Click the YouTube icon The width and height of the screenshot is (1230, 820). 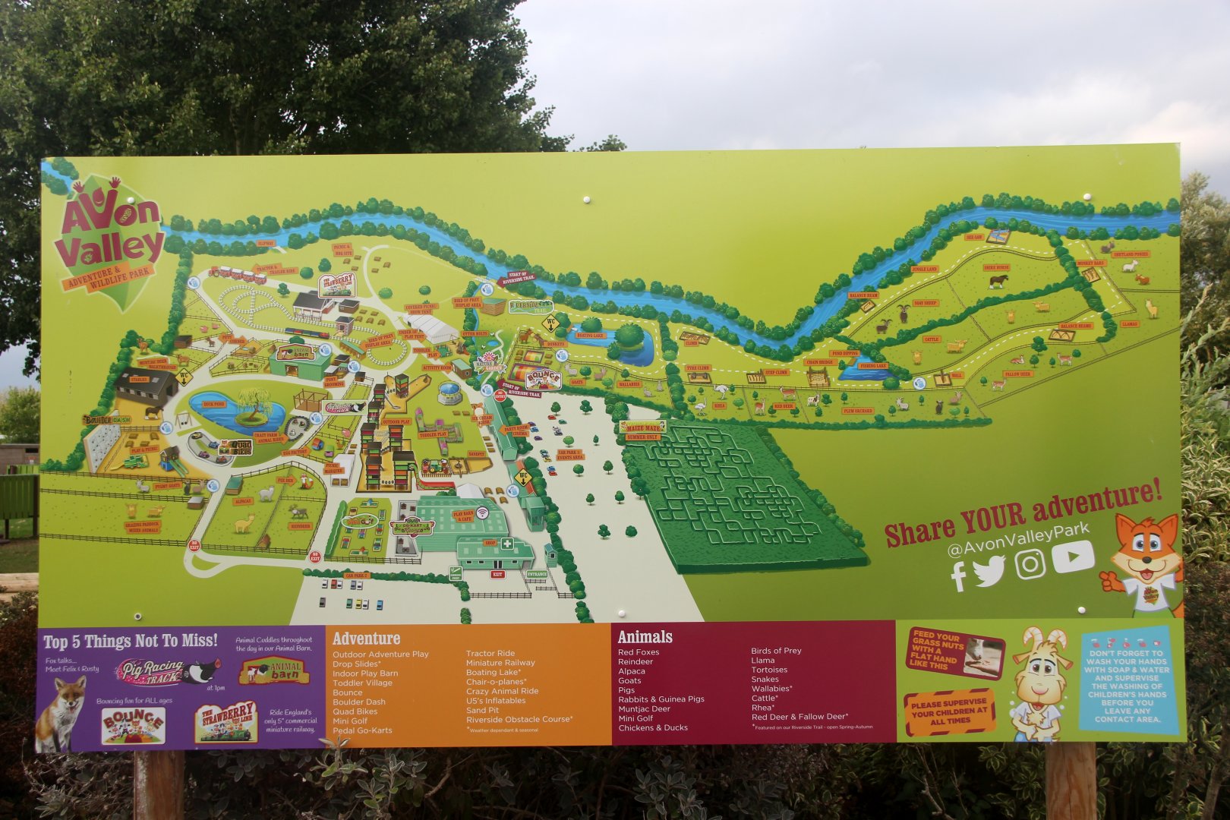tap(1074, 557)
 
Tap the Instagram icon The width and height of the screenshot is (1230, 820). tap(1030, 563)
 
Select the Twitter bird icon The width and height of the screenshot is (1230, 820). tap(989, 571)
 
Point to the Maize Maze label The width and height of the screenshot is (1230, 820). tap(642, 427)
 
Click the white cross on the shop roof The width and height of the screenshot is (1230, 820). tap(504, 544)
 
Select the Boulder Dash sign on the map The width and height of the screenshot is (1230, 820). tap(107, 419)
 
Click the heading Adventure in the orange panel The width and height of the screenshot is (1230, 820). tap(366, 639)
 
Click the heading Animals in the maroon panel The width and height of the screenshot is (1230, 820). tap(645, 637)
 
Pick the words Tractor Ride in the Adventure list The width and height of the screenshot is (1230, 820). tap(490, 653)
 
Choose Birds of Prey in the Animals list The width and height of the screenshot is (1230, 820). tap(776, 651)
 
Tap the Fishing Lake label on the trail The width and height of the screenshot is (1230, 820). tap(873, 366)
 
